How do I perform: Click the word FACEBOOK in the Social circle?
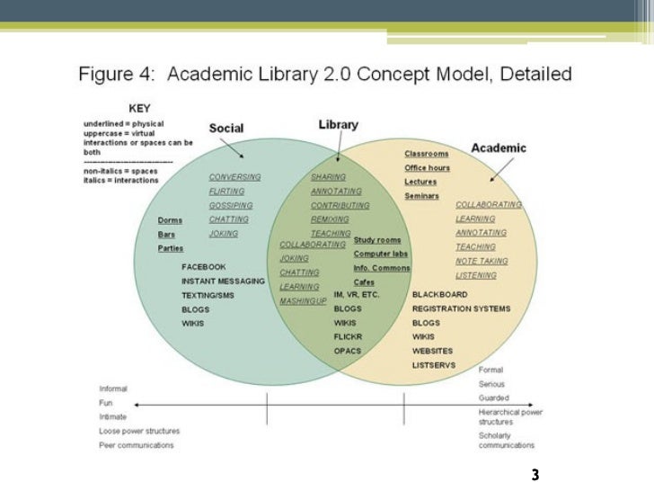(204, 267)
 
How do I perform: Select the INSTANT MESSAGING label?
(223, 281)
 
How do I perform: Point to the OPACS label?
(347, 351)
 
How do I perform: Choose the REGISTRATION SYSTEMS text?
(461, 308)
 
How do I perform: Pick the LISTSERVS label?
(434, 364)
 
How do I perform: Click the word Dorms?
(170, 220)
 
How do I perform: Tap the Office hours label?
(427, 168)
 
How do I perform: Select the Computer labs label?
(380, 254)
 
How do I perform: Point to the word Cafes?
(364, 281)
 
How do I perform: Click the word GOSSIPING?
(231, 205)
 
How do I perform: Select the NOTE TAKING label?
(482, 261)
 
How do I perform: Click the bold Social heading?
(225, 129)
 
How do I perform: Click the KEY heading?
(139, 105)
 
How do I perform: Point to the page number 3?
(535, 474)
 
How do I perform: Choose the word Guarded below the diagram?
(493, 397)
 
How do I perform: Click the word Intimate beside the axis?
(112, 416)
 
